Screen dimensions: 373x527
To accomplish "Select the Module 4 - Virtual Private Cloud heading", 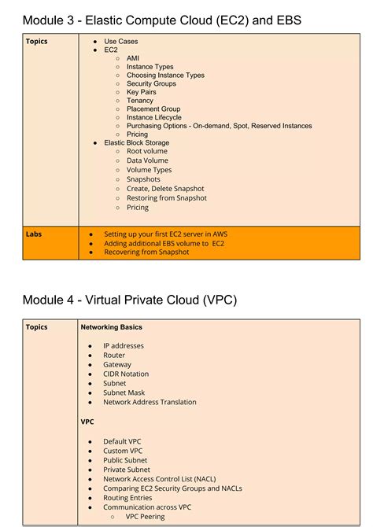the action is pos(129,300).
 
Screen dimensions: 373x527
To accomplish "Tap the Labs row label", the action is pos(33,234).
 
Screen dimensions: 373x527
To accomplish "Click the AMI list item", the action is pos(133,58).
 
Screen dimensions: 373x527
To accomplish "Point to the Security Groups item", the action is pos(151,83).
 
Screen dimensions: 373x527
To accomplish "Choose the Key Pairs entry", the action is pos(141,92).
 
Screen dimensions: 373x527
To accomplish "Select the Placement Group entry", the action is pos(153,109).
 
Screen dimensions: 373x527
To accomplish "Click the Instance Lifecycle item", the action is pos(153,117).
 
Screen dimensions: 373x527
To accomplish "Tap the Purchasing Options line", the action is pos(219,126).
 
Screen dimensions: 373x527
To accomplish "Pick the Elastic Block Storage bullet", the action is pos(136,143).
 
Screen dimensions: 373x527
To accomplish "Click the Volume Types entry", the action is pos(149,168).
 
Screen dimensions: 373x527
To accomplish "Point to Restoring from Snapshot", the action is pos(166,198).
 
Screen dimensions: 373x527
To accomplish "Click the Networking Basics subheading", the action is pos(111,327).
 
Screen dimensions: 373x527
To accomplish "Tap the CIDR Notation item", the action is pos(126,374).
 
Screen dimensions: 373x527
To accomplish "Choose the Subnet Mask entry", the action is pos(124,392).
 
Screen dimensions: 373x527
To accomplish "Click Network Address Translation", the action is pos(150,402).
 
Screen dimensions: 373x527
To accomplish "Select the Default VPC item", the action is pos(122,441).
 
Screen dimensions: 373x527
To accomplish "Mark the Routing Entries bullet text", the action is pos(127,498).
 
